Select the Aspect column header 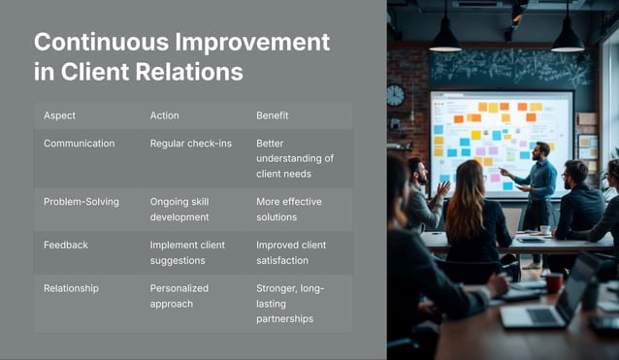tap(59, 115)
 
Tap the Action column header tap(164, 115)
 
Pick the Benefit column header tap(272, 115)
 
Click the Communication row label tap(79, 143)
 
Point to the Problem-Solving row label tap(81, 202)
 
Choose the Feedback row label tap(66, 245)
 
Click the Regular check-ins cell tap(187, 143)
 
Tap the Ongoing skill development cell tap(179, 209)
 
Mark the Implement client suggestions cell tap(187, 252)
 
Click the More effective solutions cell tap(289, 209)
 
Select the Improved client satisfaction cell tap(291, 252)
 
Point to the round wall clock tap(395, 95)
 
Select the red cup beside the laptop tap(553, 282)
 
